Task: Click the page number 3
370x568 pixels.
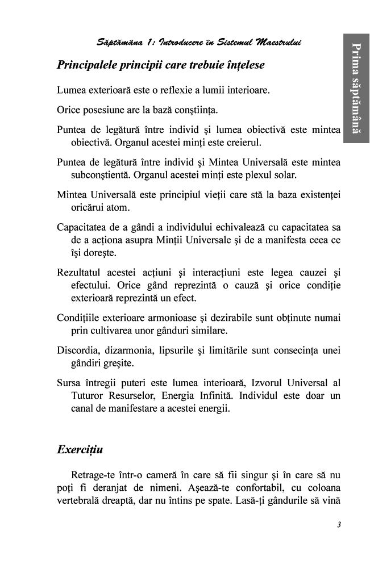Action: pyautogui.click(x=338, y=524)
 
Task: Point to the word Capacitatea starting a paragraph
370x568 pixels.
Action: pyautogui.click(x=86, y=227)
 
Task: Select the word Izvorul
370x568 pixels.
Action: pyautogui.click(x=269, y=382)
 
